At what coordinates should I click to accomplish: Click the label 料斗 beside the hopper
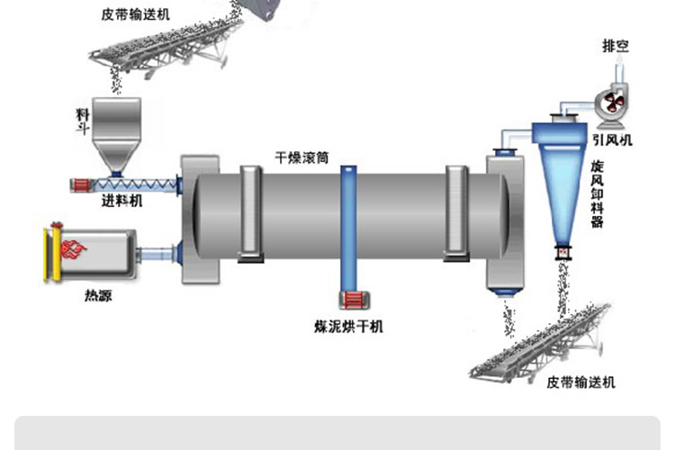click(82, 121)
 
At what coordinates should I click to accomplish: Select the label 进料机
click(121, 201)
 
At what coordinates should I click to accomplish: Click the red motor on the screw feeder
click(80, 185)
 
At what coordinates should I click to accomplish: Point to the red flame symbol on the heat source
click(74, 249)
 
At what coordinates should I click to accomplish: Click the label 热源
click(98, 295)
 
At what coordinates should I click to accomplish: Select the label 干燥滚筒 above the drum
click(301, 157)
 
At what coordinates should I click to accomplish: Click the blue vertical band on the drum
click(348, 229)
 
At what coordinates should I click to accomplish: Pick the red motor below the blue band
click(355, 300)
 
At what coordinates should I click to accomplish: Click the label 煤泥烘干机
click(348, 327)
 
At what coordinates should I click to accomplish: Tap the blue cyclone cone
click(562, 193)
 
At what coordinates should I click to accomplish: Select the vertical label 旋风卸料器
click(597, 193)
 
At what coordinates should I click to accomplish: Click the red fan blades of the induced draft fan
click(613, 103)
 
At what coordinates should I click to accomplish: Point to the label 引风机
click(612, 140)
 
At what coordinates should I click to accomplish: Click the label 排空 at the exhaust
click(616, 46)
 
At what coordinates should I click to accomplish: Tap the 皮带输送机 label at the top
click(136, 14)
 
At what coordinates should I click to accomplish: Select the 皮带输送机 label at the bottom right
click(580, 382)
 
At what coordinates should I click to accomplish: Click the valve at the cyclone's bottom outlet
click(562, 252)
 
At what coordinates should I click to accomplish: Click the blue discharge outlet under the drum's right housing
click(505, 293)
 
